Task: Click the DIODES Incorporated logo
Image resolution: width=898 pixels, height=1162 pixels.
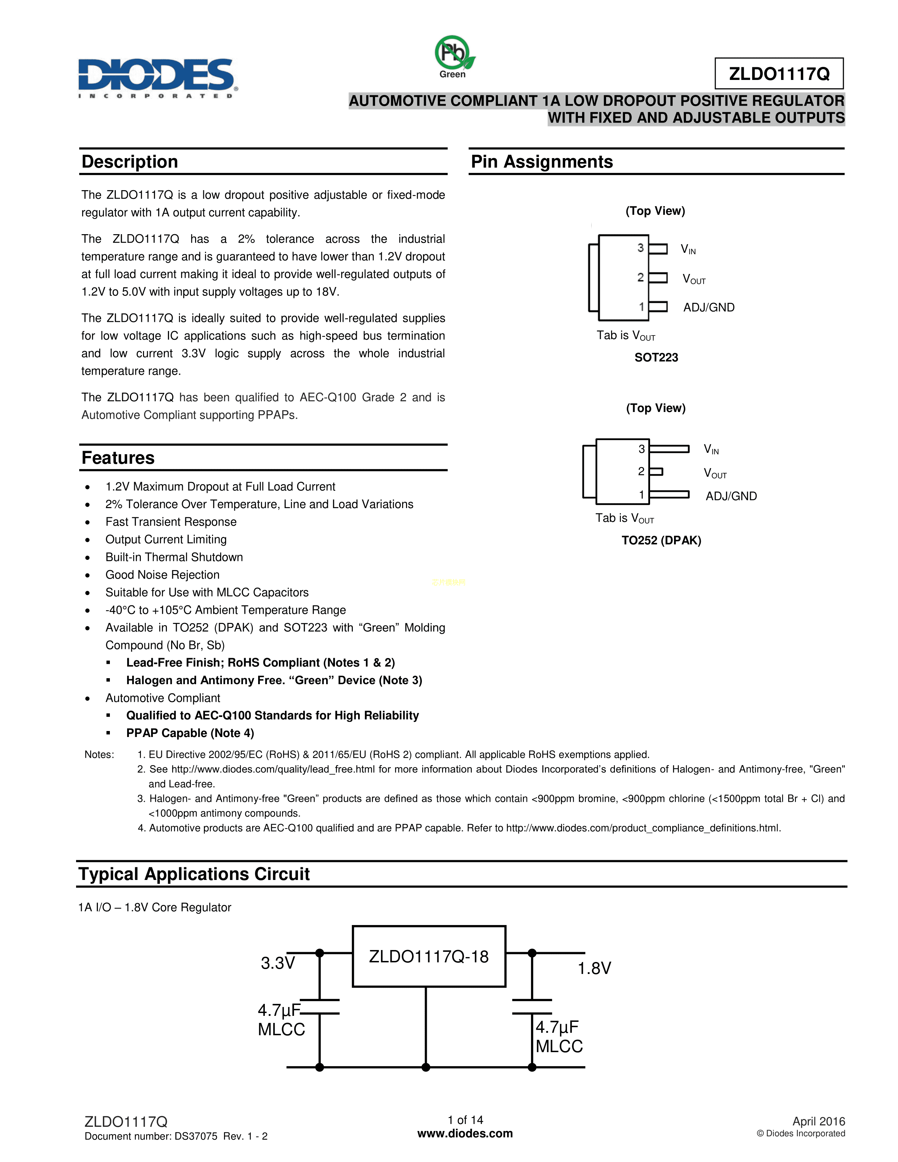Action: (x=157, y=77)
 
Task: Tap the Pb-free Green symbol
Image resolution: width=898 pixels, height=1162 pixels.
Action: (x=453, y=55)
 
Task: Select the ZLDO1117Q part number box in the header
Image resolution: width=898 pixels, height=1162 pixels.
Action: (x=779, y=74)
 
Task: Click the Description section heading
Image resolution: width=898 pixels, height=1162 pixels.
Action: (x=130, y=162)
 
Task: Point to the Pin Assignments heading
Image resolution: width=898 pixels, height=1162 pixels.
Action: (x=542, y=162)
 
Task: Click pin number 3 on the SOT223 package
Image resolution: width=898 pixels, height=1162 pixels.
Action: (x=641, y=248)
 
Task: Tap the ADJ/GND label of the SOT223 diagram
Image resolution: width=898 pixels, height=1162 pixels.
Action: (x=709, y=307)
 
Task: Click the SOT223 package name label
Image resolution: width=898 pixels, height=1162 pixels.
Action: (x=656, y=357)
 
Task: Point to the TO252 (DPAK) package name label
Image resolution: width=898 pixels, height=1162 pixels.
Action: (x=661, y=541)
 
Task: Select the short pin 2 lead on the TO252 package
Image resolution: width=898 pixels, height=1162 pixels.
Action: (x=656, y=471)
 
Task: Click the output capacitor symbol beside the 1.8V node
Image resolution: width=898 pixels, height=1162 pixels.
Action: (x=532, y=1007)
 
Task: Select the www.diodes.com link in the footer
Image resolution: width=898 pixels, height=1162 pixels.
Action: (x=465, y=1134)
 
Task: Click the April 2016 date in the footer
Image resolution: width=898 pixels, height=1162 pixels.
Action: (x=818, y=1122)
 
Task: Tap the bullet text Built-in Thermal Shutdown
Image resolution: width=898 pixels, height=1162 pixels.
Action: (x=174, y=557)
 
